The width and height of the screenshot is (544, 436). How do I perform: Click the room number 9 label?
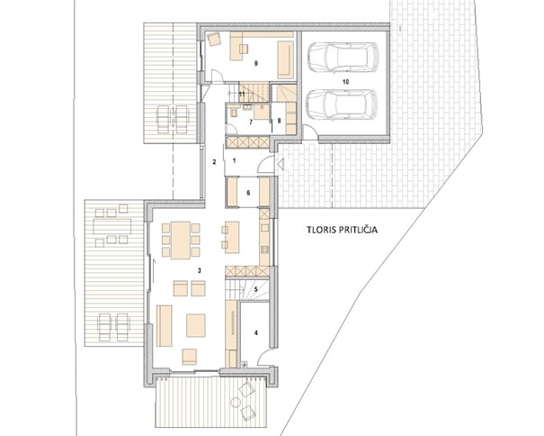click(x=256, y=64)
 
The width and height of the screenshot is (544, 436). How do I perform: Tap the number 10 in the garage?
click(x=345, y=82)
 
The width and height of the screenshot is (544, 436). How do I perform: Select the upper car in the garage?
click(x=343, y=58)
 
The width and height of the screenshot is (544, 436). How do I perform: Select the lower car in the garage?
click(x=342, y=105)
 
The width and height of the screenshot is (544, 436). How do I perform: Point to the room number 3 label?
click(x=199, y=270)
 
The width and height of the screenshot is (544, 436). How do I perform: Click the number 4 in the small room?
click(x=256, y=332)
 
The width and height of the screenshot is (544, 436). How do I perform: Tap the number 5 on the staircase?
click(x=255, y=289)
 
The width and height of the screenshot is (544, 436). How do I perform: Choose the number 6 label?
click(x=248, y=193)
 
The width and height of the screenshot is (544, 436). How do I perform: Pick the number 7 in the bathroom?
click(x=251, y=122)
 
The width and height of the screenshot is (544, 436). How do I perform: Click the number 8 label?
click(x=279, y=121)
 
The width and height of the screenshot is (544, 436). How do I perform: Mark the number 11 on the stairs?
click(x=242, y=95)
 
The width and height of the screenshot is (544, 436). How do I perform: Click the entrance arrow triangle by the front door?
click(x=281, y=164)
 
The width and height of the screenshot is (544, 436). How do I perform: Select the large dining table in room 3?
click(x=181, y=241)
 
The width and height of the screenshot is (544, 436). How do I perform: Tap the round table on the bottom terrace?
click(x=236, y=402)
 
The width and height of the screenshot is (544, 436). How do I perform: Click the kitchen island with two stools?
click(x=232, y=237)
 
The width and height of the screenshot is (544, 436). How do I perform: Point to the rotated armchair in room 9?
click(x=214, y=38)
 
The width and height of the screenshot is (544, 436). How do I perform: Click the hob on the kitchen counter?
click(x=264, y=249)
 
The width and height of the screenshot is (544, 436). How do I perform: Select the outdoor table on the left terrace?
click(x=112, y=227)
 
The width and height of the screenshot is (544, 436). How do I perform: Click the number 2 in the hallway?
click(x=214, y=161)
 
